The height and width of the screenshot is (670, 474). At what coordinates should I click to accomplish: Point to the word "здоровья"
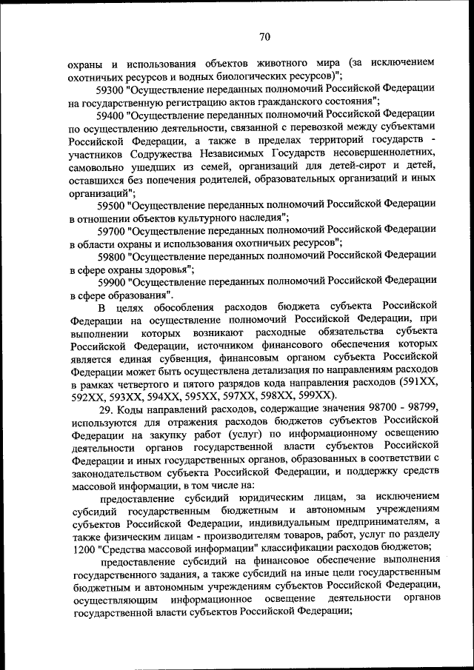point(160,269)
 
